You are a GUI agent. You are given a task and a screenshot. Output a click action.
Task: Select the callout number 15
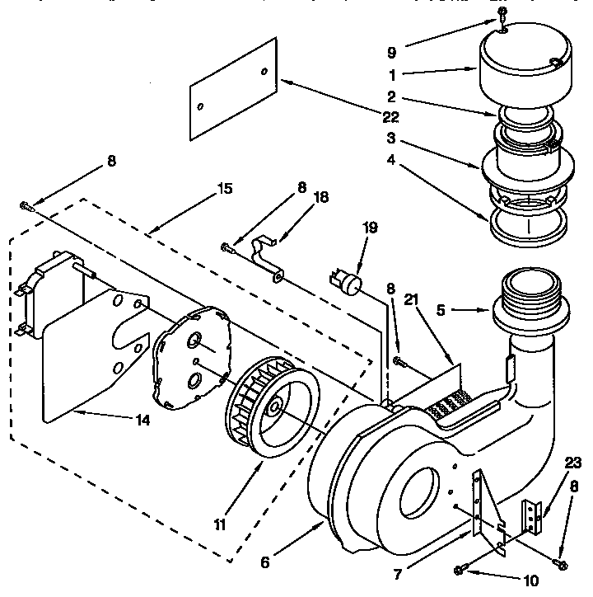click(223, 189)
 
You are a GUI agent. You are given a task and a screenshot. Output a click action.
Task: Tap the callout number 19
click(371, 228)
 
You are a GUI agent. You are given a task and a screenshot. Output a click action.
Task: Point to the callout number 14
click(142, 420)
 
